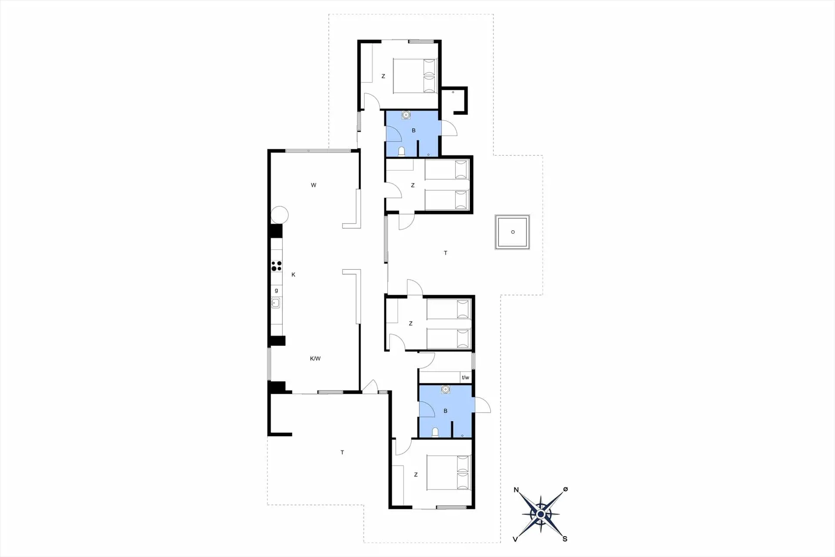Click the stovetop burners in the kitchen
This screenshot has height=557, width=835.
click(277, 266)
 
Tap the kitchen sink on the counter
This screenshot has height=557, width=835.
click(276, 303)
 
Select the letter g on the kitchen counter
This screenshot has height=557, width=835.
click(276, 290)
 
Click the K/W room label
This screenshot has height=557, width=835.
click(315, 359)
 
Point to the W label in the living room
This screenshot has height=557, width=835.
click(314, 185)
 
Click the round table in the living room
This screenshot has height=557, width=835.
click(280, 215)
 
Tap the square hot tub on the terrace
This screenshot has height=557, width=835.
click(513, 232)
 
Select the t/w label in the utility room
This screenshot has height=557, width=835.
click(465, 377)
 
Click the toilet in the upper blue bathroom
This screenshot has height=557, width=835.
click(402, 151)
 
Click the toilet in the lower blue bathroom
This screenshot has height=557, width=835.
click(435, 432)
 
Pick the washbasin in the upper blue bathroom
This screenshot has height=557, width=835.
click(406, 115)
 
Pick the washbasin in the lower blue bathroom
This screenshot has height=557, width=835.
click(445, 389)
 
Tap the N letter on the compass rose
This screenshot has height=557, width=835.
click(516, 490)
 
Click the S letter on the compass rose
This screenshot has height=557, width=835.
click(565, 539)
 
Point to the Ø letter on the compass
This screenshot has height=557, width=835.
click(565, 489)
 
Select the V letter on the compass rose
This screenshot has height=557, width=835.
click(515, 539)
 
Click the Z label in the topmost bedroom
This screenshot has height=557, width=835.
click(383, 76)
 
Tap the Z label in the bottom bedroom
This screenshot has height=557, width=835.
click(416, 475)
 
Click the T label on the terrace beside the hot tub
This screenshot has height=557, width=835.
click(445, 253)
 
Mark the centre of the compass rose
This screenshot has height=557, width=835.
click(541, 514)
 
